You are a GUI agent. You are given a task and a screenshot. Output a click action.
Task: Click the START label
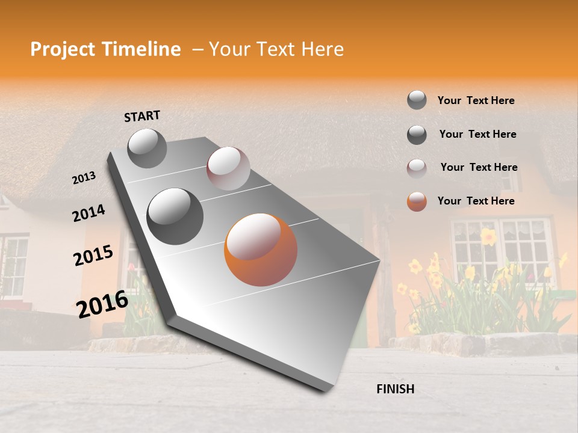point(142,116)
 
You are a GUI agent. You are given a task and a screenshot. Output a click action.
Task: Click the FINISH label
point(395,389)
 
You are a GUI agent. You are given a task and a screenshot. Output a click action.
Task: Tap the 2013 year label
point(84,177)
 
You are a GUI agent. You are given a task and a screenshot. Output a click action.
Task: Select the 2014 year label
point(89,213)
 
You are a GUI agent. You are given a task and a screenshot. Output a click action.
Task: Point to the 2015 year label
point(93,256)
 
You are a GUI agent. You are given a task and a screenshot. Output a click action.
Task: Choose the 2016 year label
point(102,304)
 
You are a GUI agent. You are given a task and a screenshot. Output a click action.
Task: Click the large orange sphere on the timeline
point(261,250)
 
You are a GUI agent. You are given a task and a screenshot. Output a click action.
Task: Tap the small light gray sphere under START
point(147,148)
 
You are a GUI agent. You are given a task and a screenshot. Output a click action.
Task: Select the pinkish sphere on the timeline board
point(228,168)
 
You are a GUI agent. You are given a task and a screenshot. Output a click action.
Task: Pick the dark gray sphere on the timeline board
point(175,216)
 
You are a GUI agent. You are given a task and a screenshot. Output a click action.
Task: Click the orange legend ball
point(417,201)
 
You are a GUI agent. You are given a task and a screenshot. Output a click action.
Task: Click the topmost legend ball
point(417,100)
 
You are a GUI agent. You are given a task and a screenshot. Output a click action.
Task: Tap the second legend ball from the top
point(417,135)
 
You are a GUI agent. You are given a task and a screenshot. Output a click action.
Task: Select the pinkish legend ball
point(417,168)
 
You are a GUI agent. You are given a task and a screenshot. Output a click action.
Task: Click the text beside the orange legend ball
point(476,201)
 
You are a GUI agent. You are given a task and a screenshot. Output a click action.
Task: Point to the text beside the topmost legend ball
point(476,100)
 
